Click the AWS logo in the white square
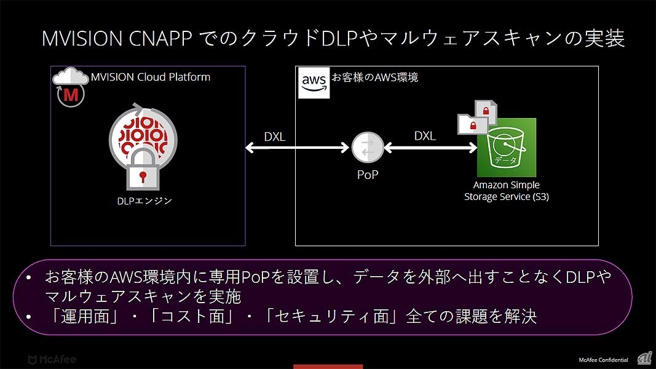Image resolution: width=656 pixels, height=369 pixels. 314,83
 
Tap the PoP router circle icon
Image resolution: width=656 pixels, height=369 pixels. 367,147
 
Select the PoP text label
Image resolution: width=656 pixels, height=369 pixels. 368,175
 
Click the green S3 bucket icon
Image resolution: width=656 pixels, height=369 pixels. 507,148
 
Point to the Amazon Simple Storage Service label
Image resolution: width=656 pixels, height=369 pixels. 507,191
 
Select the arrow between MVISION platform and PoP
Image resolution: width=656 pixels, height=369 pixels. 298,147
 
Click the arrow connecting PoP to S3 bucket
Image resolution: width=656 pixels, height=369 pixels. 430,147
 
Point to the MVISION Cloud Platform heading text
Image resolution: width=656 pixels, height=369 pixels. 151,77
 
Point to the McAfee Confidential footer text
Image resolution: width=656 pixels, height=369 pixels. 603,360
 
